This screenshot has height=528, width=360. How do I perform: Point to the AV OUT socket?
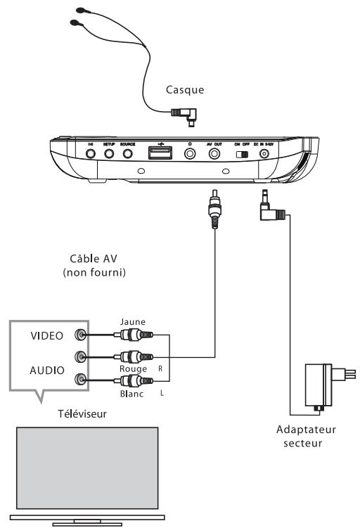[214, 152]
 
